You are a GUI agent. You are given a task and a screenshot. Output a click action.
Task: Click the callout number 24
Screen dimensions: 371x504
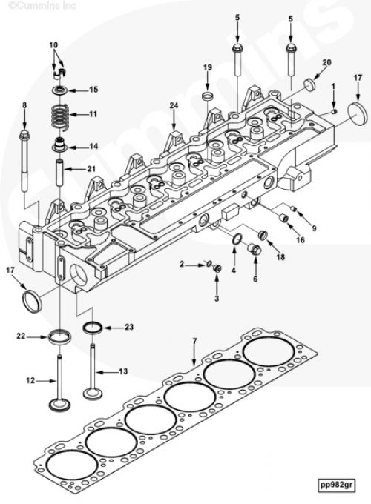[x=174, y=105]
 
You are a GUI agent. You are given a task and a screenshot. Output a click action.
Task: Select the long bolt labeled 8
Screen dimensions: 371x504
[x=24, y=162]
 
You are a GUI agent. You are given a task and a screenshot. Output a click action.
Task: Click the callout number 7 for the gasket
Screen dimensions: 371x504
[x=194, y=342]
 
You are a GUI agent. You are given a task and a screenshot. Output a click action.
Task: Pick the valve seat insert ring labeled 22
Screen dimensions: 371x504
[x=59, y=336]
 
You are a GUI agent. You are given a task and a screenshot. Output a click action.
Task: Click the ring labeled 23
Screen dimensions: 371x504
[x=93, y=328]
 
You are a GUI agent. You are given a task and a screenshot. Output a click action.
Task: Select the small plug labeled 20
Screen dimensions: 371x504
[x=310, y=84]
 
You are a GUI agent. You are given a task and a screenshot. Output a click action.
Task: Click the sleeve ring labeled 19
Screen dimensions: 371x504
[x=208, y=96]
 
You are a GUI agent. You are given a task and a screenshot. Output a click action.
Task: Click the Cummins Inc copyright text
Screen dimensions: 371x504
[x=42, y=5]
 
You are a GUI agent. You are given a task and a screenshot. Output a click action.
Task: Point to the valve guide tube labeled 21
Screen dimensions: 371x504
[x=59, y=172]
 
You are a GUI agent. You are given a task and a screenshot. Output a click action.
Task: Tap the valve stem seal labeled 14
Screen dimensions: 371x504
[x=60, y=145]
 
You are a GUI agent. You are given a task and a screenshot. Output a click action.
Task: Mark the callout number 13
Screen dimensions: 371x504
[x=123, y=371]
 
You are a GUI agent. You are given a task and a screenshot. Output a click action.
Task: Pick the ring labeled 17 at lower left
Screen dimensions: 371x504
[x=32, y=300]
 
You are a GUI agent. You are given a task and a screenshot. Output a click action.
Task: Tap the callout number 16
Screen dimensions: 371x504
[x=300, y=240]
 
